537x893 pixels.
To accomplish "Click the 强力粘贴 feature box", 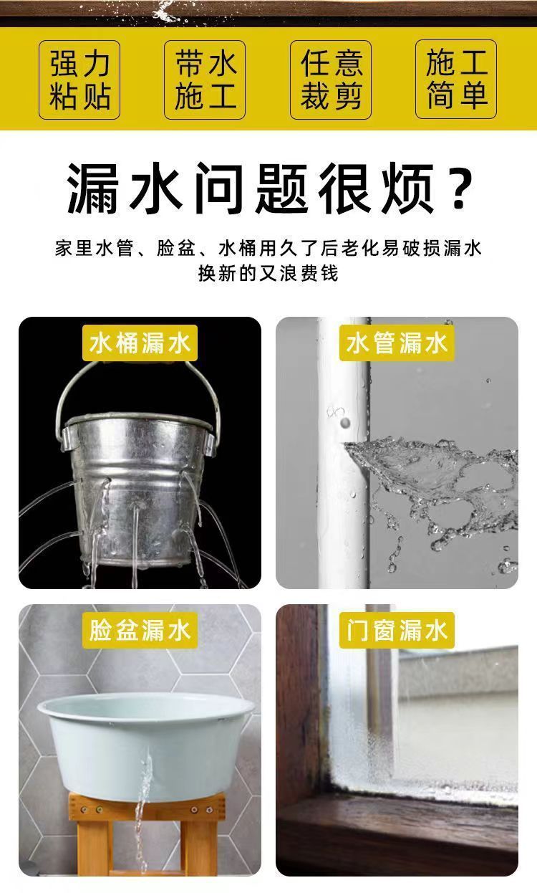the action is coord(79,80).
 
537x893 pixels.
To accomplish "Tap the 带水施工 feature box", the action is coord(205,80).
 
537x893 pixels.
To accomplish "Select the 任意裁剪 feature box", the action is coord(331,80).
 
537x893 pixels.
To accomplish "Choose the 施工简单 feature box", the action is coord(456,80).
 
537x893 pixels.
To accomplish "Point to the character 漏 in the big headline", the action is coord(93,188).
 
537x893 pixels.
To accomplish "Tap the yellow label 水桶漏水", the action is coord(140,343).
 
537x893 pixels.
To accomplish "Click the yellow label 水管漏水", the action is coord(397,343).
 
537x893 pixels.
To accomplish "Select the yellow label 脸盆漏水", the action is coord(140,630).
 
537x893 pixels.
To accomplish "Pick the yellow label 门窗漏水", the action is coord(397,630).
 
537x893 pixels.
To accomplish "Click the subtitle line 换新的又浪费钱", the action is coord(268,274).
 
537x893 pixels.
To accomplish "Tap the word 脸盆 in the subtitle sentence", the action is coord(175,249).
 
